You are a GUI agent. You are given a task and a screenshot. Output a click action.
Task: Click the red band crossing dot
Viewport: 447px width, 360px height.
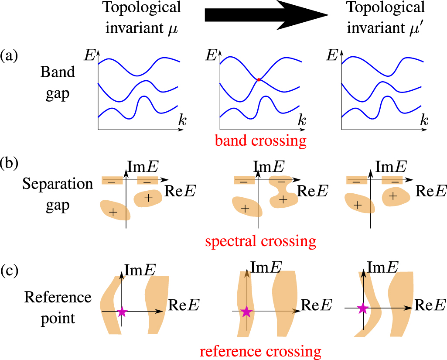coord(259,80)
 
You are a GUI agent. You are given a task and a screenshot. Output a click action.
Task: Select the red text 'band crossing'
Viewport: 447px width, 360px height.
coord(259,140)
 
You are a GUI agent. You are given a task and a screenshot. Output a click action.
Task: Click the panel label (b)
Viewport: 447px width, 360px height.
coord(10,165)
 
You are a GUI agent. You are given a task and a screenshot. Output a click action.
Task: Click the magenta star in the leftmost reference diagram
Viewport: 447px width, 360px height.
coord(122,312)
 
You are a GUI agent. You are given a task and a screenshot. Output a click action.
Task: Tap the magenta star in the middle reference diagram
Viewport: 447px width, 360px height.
coord(247,311)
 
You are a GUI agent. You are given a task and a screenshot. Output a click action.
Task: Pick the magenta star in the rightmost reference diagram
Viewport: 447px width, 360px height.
coord(362,309)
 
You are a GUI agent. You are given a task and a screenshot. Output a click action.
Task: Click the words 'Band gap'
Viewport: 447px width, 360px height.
coord(58,83)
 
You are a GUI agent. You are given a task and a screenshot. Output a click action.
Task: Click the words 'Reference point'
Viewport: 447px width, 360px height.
coord(58,308)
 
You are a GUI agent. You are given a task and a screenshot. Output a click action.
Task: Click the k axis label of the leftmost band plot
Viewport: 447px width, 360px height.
coord(182,122)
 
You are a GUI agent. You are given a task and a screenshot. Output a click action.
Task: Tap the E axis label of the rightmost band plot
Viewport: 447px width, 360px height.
coord(333,55)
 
